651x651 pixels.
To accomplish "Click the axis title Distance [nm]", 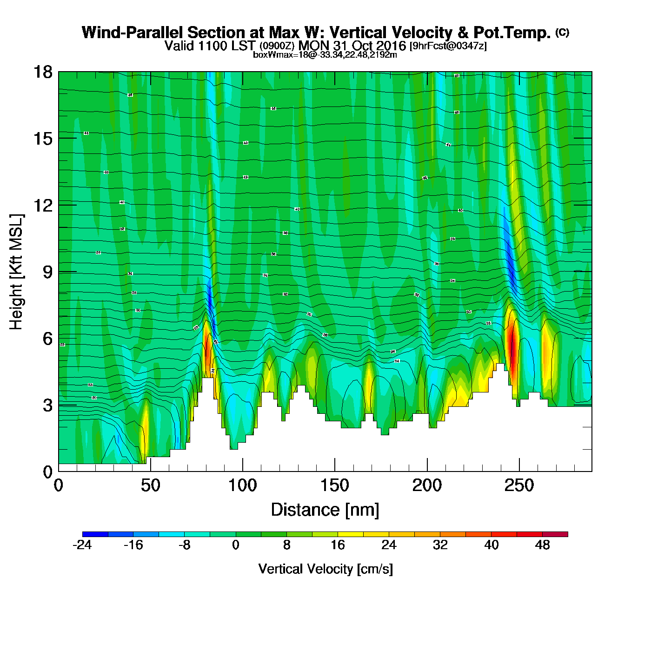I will (x=325, y=510).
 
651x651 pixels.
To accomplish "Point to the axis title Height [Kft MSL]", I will (x=16, y=272).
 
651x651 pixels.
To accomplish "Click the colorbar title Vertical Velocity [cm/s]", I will (x=325, y=569).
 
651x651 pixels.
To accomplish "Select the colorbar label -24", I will (x=82, y=545).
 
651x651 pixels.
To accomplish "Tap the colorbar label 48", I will (x=543, y=545).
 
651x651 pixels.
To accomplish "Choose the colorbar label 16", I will (x=338, y=545).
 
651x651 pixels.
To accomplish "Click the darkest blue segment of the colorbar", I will (x=95, y=534).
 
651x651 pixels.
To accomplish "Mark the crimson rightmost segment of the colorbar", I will (x=555, y=534).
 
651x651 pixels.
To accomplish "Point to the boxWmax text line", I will (x=325, y=55).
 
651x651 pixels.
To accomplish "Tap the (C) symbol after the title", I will (x=562, y=32).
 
